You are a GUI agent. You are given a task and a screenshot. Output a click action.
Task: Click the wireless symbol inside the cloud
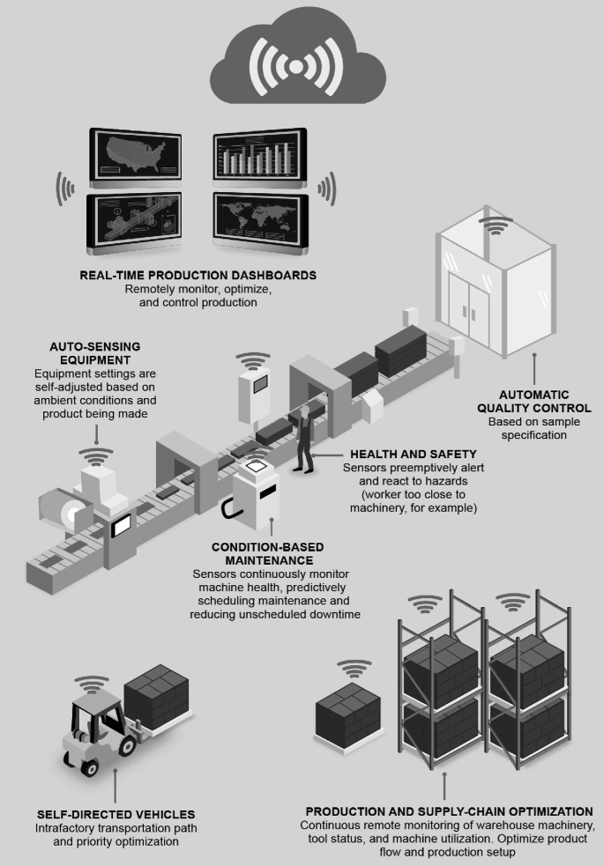click(296, 66)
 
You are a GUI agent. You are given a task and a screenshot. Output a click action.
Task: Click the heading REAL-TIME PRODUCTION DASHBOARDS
click(198, 275)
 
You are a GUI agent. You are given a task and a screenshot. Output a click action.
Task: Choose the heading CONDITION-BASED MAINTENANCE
click(263, 553)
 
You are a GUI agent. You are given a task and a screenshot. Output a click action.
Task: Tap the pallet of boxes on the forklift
click(156, 692)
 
